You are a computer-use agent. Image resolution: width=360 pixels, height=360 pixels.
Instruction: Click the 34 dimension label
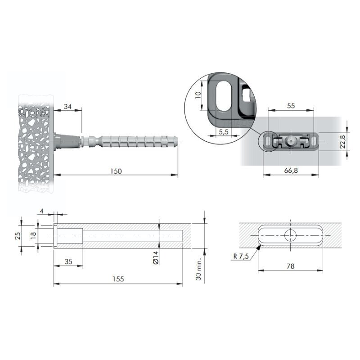click(67, 107)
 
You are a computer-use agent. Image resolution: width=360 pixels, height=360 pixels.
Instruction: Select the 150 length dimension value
click(116, 171)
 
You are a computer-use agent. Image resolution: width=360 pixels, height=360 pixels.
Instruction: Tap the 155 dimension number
click(118, 279)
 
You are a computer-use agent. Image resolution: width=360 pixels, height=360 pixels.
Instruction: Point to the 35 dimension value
click(68, 262)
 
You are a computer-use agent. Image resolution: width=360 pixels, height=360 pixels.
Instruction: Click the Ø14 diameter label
click(156, 257)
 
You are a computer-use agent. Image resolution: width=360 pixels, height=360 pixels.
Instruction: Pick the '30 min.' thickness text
click(198, 269)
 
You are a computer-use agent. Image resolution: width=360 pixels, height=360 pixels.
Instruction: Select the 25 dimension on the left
click(18, 236)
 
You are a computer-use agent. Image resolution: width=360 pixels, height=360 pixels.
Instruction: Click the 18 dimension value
click(33, 235)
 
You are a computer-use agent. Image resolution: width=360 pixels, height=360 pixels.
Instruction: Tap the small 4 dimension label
click(41, 211)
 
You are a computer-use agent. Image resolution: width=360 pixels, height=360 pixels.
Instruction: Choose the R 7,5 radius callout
click(241, 256)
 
